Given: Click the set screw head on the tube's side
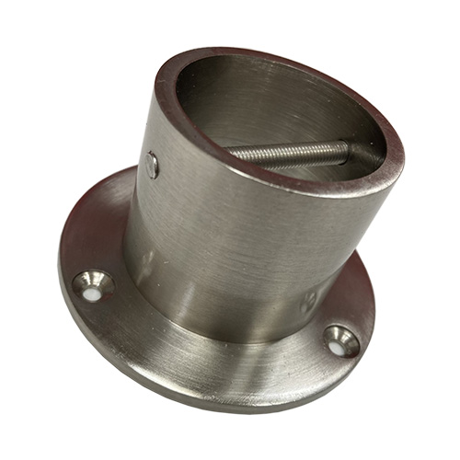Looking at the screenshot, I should [152, 166].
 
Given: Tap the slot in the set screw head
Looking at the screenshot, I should [152, 166].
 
